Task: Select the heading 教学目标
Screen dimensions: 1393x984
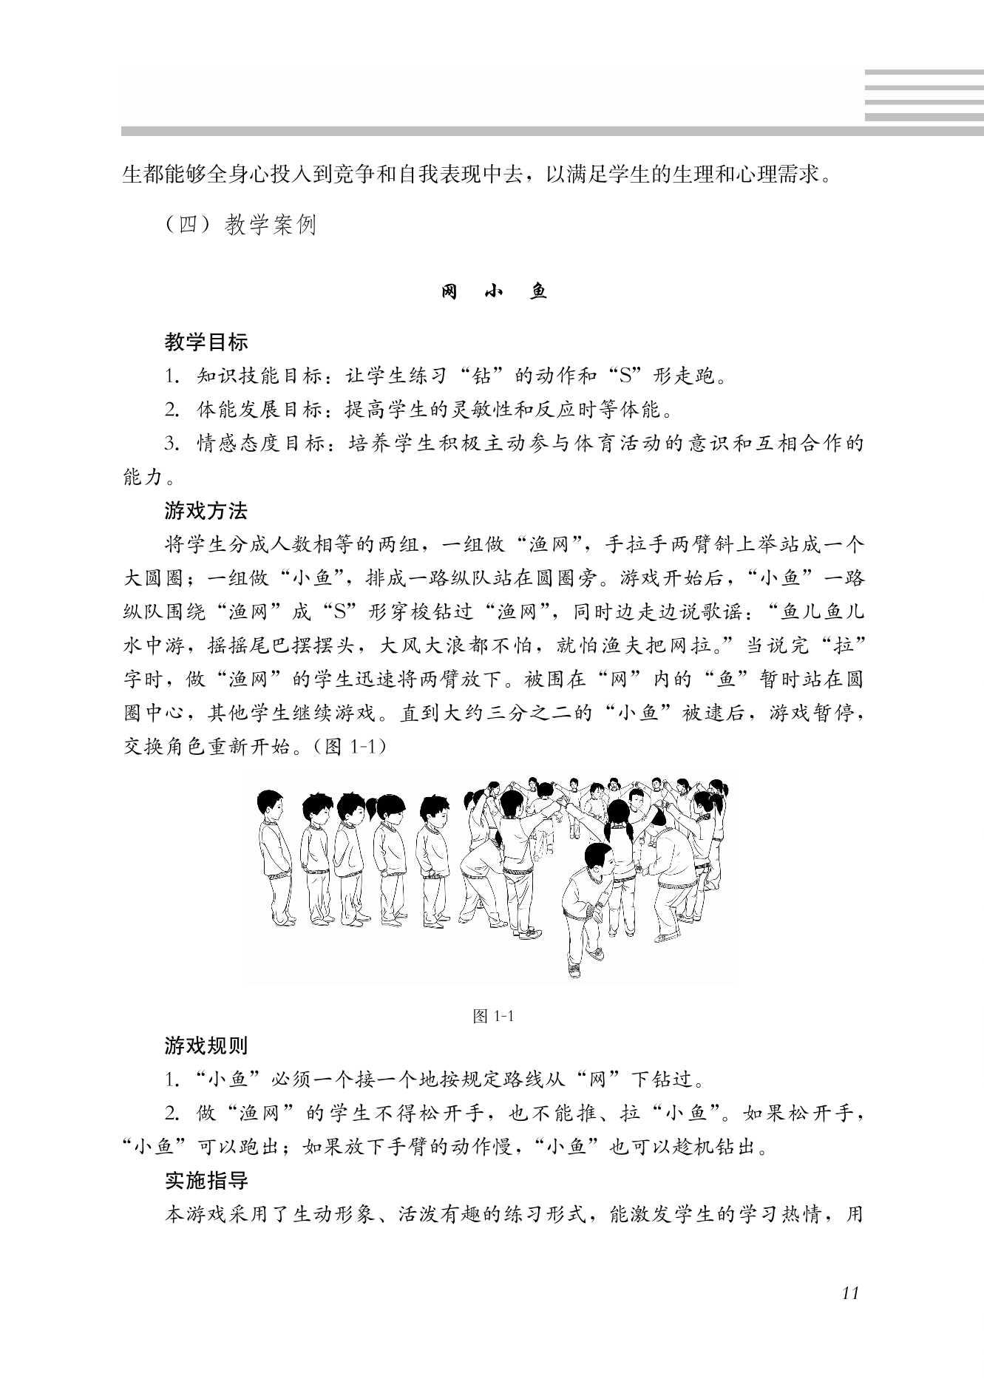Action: click(206, 342)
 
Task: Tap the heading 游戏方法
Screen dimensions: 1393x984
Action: click(206, 511)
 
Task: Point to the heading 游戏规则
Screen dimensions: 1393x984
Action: click(206, 1046)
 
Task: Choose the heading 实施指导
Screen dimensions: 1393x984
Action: click(206, 1181)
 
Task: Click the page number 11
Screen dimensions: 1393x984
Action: click(850, 1293)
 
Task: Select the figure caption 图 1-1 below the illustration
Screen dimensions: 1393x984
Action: click(493, 1017)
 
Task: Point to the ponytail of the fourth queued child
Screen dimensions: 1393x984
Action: click(379, 806)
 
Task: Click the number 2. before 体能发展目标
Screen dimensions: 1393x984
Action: click(172, 410)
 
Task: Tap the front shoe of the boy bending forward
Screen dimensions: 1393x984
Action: click(574, 969)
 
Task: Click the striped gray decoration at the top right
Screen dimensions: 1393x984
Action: click(923, 95)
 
